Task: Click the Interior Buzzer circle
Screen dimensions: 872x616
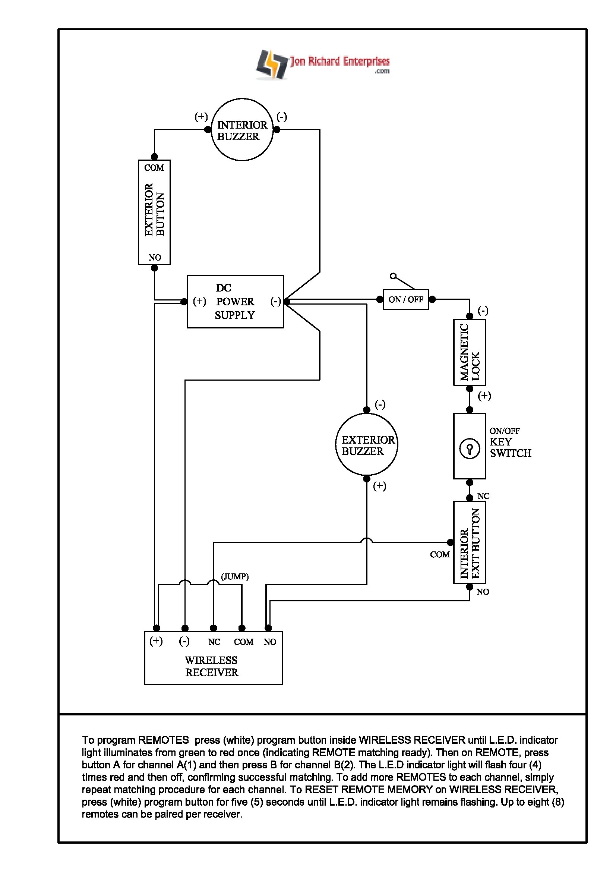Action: pyautogui.click(x=242, y=130)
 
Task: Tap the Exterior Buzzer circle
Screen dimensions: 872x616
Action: pyautogui.click(x=367, y=445)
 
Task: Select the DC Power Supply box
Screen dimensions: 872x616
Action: pyautogui.click(x=235, y=302)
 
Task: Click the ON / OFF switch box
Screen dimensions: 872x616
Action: pyautogui.click(x=405, y=300)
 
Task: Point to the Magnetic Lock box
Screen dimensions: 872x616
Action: pyautogui.click(x=470, y=352)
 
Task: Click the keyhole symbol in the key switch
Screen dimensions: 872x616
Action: pyautogui.click(x=470, y=449)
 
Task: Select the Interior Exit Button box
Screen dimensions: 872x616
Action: pyautogui.click(x=470, y=542)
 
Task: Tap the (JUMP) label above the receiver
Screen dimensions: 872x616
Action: pyautogui.click(x=235, y=576)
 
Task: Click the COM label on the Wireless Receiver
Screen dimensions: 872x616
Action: pyautogui.click(x=243, y=642)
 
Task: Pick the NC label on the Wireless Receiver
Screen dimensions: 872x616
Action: pyautogui.click(x=214, y=642)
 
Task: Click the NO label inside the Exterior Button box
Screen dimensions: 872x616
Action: pyautogui.click(x=155, y=258)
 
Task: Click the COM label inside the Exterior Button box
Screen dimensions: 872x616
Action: pyautogui.click(x=154, y=168)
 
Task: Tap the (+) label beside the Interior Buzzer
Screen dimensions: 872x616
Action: pyautogui.click(x=201, y=117)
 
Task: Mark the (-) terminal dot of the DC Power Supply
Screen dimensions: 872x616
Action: pyautogui.click(x=287, y=302)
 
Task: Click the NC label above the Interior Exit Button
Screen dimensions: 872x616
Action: pyautogui.click(x=483, y=496)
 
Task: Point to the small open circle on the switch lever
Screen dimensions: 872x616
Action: pyautogui.click(x=393, y=276)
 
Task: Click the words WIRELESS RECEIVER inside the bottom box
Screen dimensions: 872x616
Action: pyautogui.click(x=211, y=667)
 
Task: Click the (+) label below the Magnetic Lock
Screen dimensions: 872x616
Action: pyautogui.click(x=484, y=396)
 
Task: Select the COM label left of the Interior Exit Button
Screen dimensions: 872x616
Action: pyautogui.click(x=439, y=555)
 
